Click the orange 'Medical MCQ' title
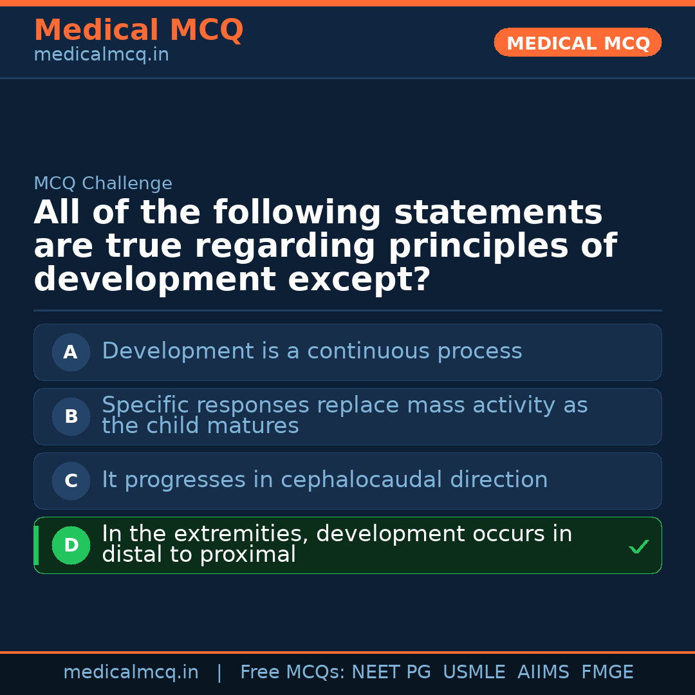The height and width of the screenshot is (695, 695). pyautogui.click(x=138, y=30)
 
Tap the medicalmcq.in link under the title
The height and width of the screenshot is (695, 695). pyautogui.click(x=101, y=55)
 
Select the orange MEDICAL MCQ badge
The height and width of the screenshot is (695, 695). pyautogui.click(x=577, y=42)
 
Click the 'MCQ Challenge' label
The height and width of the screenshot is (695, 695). pyautogui.click(x=103, y=183)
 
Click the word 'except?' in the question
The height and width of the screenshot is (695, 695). pyautogui.click(x=359, y=280)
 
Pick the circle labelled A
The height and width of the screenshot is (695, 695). pyautogui.click(x=71, y=352)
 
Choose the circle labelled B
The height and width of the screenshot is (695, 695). pyautogui.click(x=71, y=416)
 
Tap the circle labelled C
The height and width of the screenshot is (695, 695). pyautogui.click(x=71, y=481)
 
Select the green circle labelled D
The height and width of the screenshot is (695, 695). pyautogui.click(x=71, y=545)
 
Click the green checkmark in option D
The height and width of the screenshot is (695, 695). pyautogui.click(x=638, y=547)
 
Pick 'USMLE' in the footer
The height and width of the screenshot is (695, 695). pyautogui.click(x=474, y=672)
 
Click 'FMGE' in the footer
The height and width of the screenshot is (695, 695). pyautogui.click(x=607, y=672)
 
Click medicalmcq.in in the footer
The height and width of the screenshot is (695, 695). pyautogui.click(x=131, y=672)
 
